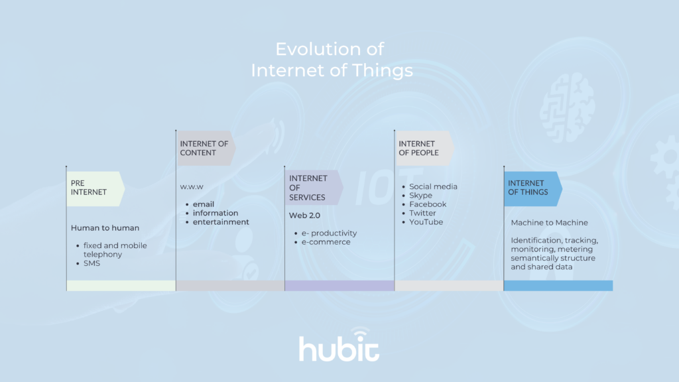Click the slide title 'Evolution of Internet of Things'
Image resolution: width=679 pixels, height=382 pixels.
330,60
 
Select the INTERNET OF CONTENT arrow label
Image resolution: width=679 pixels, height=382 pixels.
204,148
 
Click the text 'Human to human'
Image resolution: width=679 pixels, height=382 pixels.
105,228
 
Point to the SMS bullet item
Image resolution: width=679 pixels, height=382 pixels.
92,263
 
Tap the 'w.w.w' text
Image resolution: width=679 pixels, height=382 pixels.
192,186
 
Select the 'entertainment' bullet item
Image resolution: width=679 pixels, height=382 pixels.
221,222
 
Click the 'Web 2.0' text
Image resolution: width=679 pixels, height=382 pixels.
304,216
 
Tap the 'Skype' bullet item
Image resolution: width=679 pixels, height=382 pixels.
420,196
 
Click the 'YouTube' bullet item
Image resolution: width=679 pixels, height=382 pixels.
426,222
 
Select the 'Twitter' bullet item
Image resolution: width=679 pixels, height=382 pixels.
422,213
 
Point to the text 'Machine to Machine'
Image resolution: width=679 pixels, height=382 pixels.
549,223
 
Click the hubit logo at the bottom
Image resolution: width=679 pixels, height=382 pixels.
339,346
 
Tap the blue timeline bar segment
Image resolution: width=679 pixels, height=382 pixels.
558,285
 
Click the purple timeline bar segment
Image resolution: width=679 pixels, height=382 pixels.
339,285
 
